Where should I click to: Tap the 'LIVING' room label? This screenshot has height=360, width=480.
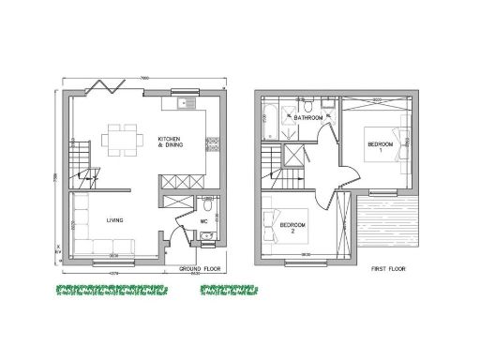coord(115,220)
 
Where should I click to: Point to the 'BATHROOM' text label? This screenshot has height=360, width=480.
coord(307,118)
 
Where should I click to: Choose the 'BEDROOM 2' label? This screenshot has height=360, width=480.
coord(293,228)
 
